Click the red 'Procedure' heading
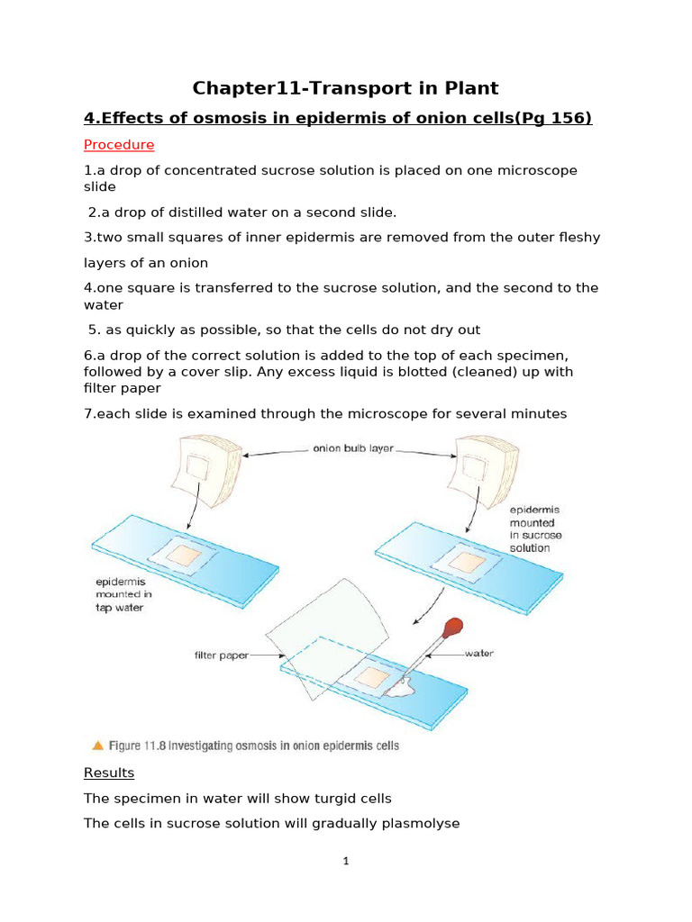point(119,145)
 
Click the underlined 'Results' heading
point(108,773)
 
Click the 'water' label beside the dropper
point(478,654)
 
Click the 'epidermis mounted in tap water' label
point(123,594)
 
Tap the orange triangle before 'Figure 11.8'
point(97,746)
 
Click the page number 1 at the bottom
point(346,861)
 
